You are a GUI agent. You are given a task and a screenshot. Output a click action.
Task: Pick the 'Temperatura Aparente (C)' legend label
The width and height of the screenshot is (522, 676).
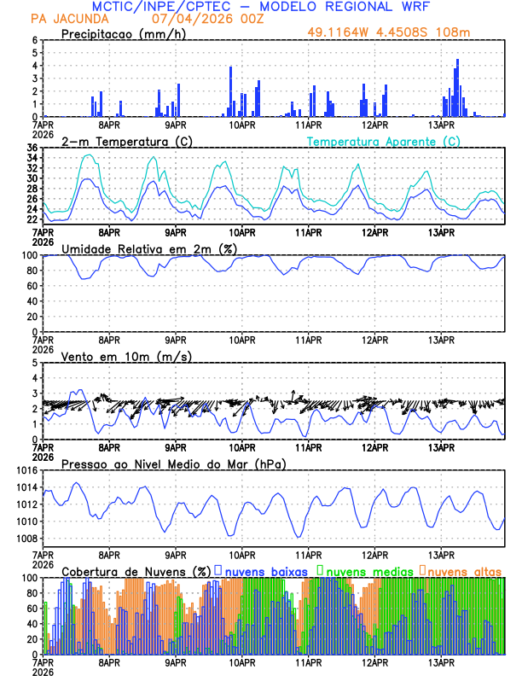point(383,141)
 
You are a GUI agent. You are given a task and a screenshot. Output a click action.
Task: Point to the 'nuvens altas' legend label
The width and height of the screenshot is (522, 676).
point(464,570)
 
